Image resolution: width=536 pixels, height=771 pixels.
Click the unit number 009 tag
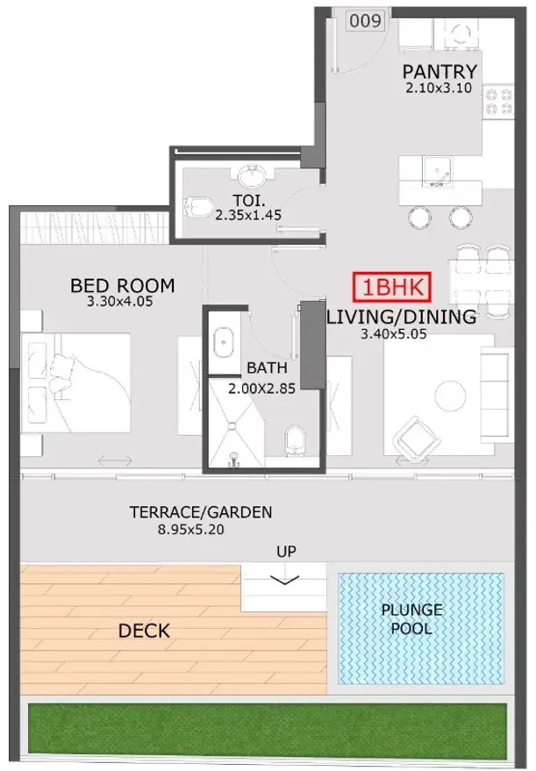pyautogui.click(x=365, y=21)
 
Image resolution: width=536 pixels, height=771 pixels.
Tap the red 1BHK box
pyautogui.click(x=392, y=287)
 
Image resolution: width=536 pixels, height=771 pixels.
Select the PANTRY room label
pyautogui.click(x=440, y=72)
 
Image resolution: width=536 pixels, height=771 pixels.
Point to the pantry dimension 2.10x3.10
pyautogui.click(x=439, y=89)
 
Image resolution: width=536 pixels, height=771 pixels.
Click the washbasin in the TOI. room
pyautogui.click(x=253, y=176)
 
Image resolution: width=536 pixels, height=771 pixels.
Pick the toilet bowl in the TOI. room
pyautogui.click(x=197, y=206)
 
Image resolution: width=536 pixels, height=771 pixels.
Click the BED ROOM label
pyautogui.click(x=123, y=286)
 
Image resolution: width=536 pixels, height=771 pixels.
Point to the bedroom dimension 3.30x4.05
pyautogui.click(x=120, y=302)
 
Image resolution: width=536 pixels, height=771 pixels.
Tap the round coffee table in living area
pyautogui.click(x=450, y=396)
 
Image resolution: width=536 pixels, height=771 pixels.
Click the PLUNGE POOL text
pyautogui.click(x=411, y=619)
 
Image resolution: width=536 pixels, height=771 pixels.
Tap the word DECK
pyautogui.click(x=144, y=631)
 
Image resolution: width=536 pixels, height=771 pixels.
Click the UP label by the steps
pyautogui.click(x=286, y=551)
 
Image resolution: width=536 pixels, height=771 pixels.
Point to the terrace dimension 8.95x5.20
pyautogui.click(x=190, y=530)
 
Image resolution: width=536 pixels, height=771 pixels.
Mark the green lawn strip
pyautogui.click(x=267, y=732)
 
